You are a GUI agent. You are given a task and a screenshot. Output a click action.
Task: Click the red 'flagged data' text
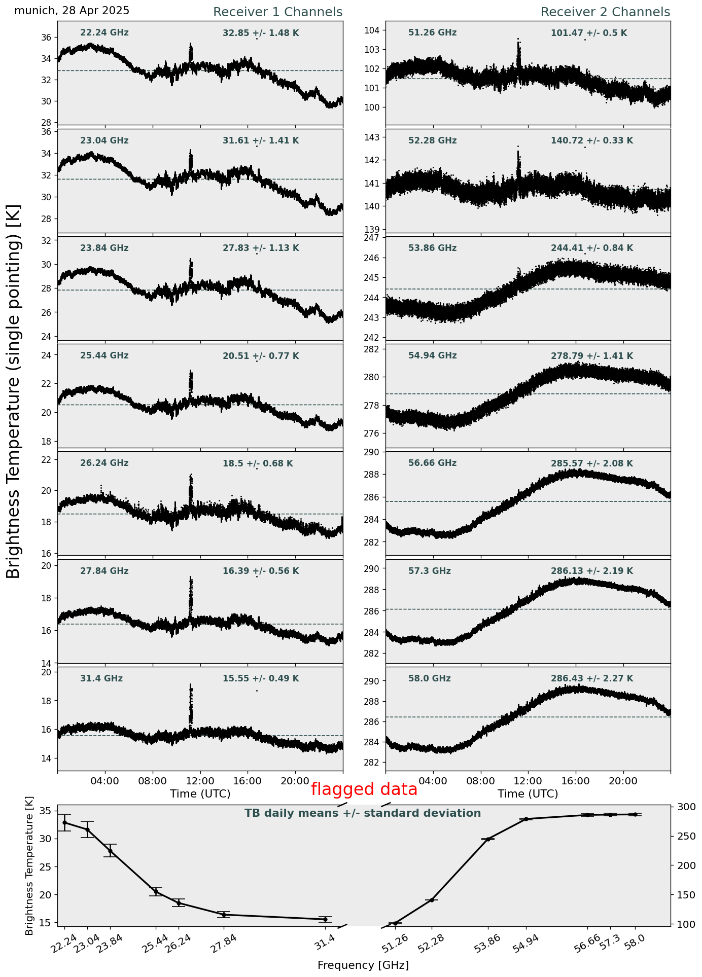364,789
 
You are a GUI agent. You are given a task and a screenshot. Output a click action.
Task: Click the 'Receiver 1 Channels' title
277,12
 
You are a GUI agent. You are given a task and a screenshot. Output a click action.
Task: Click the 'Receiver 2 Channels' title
605,12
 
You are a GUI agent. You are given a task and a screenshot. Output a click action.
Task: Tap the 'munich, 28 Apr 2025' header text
72,11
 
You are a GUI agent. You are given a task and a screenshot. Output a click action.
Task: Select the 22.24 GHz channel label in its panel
104,33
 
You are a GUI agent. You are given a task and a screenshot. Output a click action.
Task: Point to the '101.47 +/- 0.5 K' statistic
589,33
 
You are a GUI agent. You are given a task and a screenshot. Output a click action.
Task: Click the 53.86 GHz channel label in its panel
432,248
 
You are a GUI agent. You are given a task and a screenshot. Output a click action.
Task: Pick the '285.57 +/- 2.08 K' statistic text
592,464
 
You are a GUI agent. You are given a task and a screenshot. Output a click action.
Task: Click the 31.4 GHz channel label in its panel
101,679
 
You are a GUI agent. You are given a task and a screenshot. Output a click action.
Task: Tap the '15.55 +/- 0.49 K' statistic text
261,679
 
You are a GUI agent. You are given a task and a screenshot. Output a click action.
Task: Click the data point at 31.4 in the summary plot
325,919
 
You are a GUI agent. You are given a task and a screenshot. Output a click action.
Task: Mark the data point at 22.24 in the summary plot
64,822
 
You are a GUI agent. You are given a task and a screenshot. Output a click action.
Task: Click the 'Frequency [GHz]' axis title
363,965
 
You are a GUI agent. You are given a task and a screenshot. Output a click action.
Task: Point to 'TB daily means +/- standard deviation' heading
363,813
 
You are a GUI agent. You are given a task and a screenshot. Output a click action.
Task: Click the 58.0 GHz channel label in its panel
429,679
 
